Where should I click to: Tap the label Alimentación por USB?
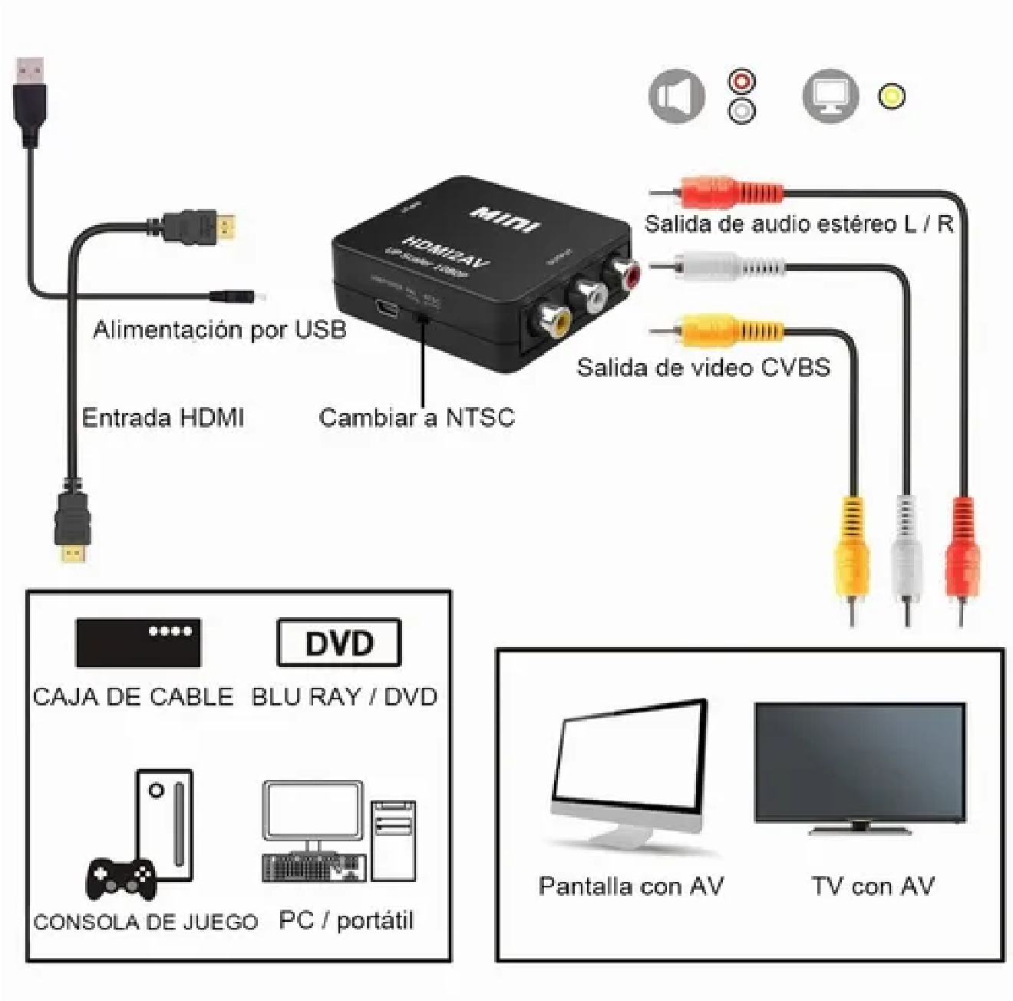[219, 330]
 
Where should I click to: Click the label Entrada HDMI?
[163, 418]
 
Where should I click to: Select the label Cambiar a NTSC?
[416, 418]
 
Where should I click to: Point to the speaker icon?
[676, 96]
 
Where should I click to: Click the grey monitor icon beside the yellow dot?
[830, 96]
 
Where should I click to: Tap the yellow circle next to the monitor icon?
[891, 96]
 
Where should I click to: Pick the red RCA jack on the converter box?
[622, 273]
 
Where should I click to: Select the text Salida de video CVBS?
[703, 367]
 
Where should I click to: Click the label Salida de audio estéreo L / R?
[798, 224]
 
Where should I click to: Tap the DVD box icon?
[338, 643]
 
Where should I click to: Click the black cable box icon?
[138, 642]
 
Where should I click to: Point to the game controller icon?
[120, 877]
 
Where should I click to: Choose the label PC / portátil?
[346, 920]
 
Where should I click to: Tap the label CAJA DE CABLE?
[133, 697]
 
